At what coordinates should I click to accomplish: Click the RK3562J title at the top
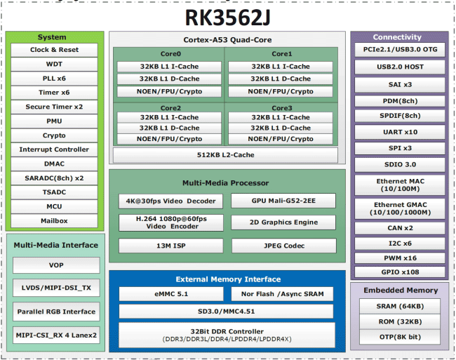tap(227, 16)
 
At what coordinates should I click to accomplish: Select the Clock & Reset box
tap(54, 51)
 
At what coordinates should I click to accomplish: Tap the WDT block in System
tap(54, 65)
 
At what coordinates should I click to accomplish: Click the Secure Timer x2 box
tap(54, 107)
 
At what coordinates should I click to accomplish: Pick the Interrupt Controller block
tap(54, 149)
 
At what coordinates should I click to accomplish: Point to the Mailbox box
tap(54, 221)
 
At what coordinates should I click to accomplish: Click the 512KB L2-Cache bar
tap(225, 155)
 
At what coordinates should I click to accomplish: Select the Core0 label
tap(170, 54)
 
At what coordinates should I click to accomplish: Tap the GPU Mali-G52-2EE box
tap(283, 201)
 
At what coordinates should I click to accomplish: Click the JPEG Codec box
tap(283, 246)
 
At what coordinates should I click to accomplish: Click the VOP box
tap(56, 265)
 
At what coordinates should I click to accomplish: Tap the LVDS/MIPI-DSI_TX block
tap(56, 288)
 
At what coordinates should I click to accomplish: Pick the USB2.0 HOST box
tap(398, 67)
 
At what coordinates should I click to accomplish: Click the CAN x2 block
tap(398, 228)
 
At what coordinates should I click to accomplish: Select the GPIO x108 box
tap(398, 272)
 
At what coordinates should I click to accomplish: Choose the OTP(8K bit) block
tap(400, 337)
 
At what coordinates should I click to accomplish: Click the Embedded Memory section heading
tap(400, 291)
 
